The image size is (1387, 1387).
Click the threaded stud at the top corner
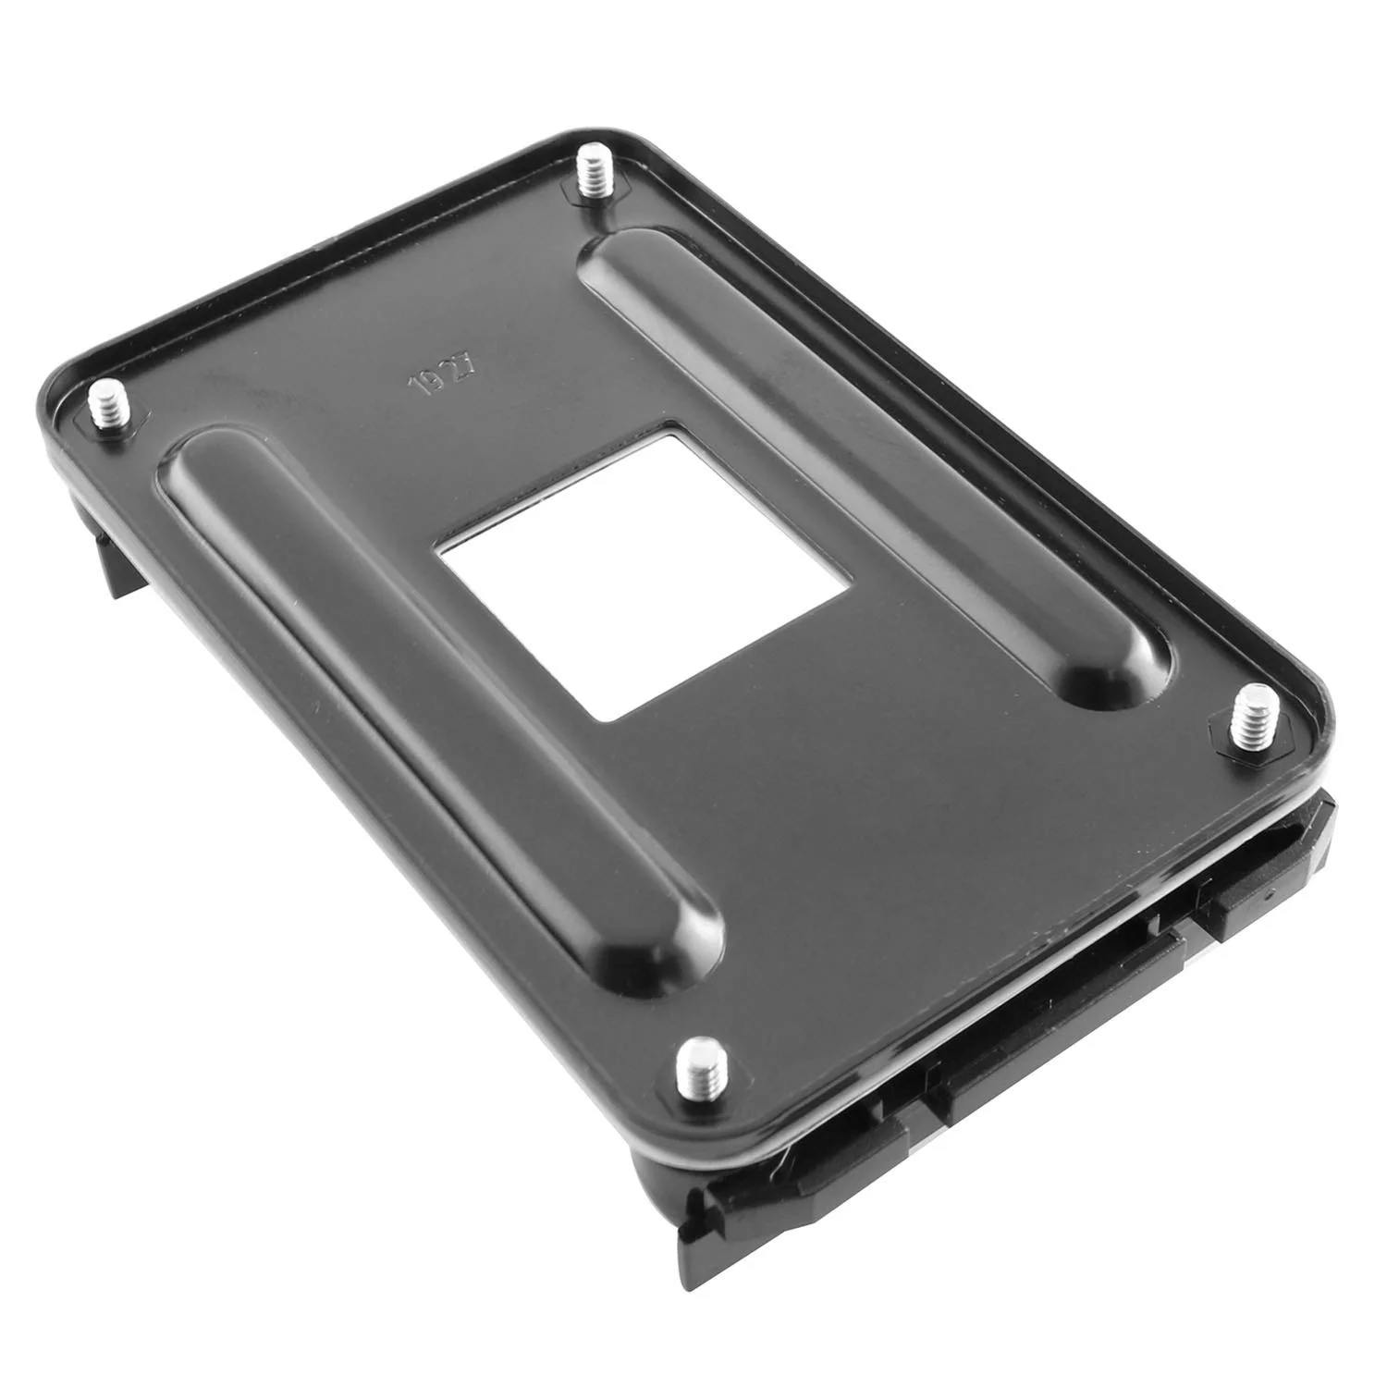pos(589,173)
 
